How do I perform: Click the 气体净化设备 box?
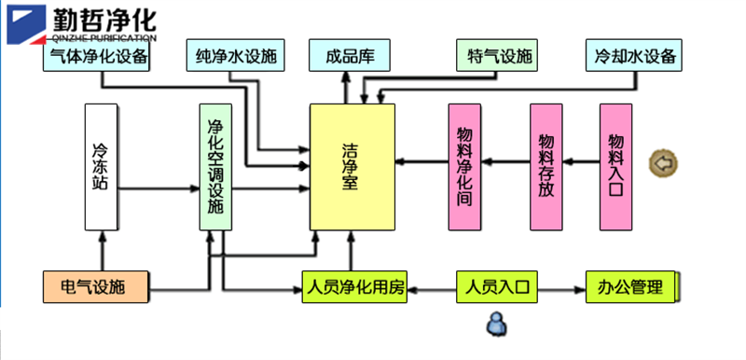click(x=96, y=56)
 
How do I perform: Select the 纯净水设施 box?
click(x=236, y=56)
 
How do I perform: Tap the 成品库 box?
click(x=350, y=56)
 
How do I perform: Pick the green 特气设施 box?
click(x=497, y=56)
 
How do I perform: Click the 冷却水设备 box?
click(x=634, y=56)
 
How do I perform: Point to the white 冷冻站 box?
click(x=101, y=167)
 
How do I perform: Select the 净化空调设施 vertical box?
click(x=215, y=167)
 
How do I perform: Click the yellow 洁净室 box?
click(x=352, y=167)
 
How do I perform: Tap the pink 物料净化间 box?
click(x=464, y=167)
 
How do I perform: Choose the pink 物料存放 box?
click(x=546, y=167)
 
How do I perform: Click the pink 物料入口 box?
click(x=615, y=167)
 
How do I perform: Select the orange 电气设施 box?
click(x=96, y=286)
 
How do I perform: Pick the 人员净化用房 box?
click(x=354, y=286)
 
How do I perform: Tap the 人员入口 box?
click(x=497, y=286)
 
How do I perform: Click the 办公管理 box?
click(x=631, y=286)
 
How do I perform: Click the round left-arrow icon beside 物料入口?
click(x=664, y=163)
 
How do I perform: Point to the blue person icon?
click(x=496, y=325)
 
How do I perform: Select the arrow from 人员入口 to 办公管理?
click(x=561, y=289)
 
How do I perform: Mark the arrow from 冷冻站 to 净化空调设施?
click(x=159, y=188)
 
